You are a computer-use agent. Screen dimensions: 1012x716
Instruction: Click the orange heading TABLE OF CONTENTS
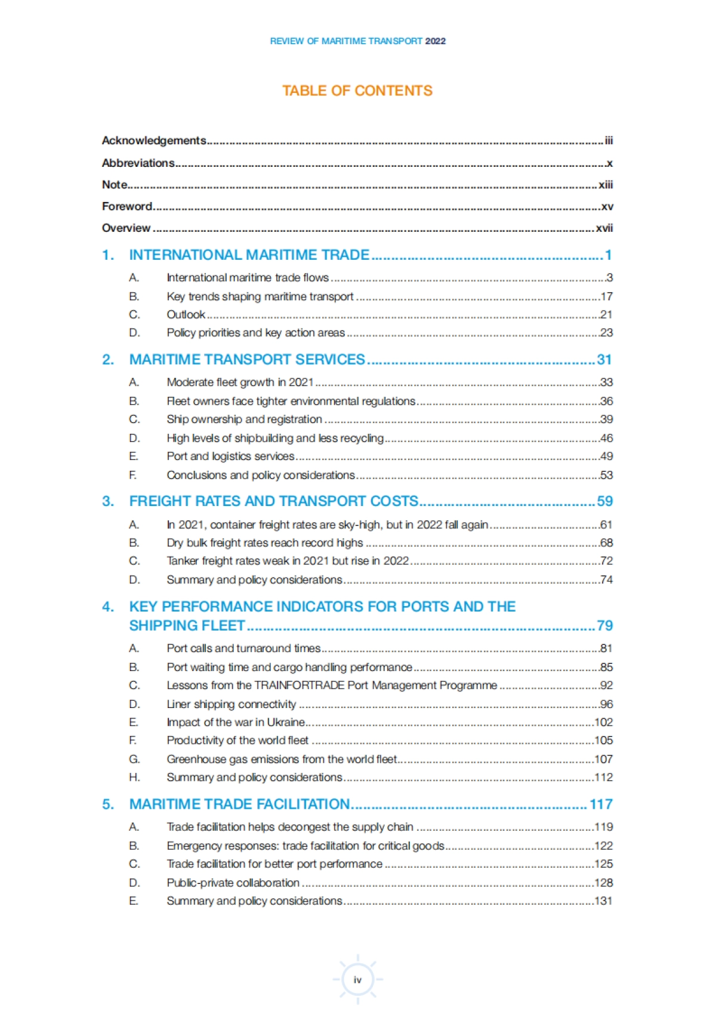click(357, 91)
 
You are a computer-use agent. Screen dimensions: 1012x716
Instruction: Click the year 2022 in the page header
click(436, 41)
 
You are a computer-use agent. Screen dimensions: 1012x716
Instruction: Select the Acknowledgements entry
click(154, 141)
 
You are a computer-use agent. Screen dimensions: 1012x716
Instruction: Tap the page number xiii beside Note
click(606, 185)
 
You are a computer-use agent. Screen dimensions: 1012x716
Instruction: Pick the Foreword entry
click(127, 206)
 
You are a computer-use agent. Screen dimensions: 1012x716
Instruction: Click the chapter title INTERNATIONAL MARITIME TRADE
click(249, 255)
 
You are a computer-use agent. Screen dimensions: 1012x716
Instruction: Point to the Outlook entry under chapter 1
click(186, 315)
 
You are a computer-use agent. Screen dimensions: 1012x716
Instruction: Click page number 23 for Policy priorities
click(606, 333)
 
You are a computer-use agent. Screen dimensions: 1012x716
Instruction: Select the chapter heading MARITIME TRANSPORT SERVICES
click(247, 359)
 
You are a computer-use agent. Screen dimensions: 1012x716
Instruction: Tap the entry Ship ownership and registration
click(244, 420)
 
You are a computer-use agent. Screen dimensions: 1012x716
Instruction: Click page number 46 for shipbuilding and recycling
click(606, 438)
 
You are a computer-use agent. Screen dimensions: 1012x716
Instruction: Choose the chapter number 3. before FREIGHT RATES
click(107, 501)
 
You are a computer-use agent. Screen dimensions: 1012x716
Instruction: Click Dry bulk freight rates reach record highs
click(265, 543)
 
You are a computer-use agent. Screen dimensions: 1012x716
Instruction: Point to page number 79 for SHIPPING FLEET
click(604, 625)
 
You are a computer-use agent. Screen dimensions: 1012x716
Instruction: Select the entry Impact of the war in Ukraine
click(236, 722)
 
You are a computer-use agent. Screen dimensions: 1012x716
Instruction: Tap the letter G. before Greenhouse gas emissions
click(134, 759)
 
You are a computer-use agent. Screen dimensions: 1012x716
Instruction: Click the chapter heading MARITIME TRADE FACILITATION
click(239, 804)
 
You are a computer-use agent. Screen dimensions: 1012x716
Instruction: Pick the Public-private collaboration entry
click(233, 883)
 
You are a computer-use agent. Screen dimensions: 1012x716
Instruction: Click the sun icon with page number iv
click(357, 979)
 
